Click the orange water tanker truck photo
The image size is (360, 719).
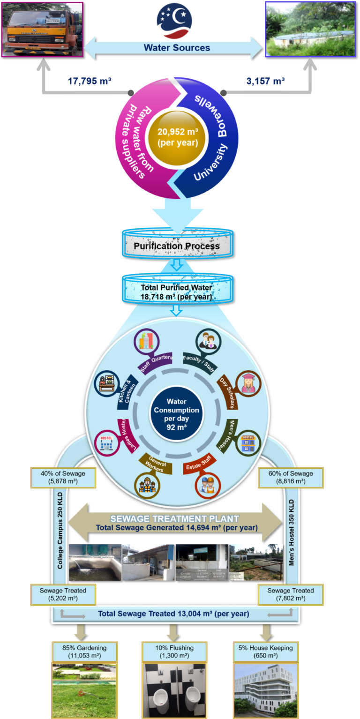pos(42,29)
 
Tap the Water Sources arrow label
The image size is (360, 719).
pos(177,48)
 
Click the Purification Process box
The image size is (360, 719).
pos(177,246)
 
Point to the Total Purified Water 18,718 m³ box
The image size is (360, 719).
pos(177,292)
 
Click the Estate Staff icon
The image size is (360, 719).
pos(208,485)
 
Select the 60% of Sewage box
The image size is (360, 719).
pos(291,477)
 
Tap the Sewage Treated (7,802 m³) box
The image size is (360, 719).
pos(291,594)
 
